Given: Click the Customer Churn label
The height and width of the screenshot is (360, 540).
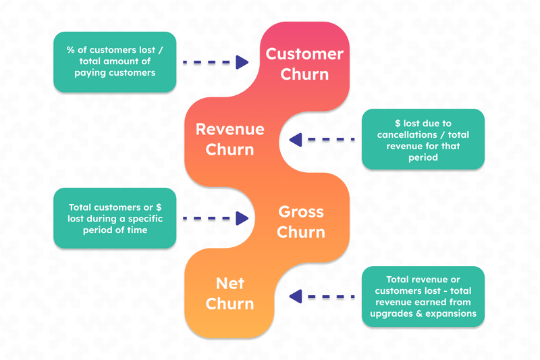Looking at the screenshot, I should click(304, 64).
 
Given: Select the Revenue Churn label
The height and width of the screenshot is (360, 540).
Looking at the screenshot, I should click(230, 139).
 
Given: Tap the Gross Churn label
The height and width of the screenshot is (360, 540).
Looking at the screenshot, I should click(302, 222).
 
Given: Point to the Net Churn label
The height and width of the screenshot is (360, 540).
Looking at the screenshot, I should click(230, 293).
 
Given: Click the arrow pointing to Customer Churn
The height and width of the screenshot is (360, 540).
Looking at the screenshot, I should click(216, 62).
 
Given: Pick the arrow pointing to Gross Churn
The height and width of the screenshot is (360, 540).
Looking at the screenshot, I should click(216, 218).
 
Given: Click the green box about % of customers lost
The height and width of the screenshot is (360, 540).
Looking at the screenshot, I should click(115, 62).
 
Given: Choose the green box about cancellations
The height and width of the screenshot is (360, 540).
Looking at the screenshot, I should click(423, 140).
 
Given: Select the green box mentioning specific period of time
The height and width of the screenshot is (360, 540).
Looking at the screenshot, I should click(115, 219).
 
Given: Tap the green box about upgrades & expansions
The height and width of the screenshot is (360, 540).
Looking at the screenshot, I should click(423, 297).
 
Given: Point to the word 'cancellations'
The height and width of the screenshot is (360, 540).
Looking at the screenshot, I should click(407, 134).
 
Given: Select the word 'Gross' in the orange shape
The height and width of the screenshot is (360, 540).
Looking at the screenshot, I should click(302, 212).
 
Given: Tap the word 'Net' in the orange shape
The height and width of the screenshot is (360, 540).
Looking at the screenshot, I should click(230, 283).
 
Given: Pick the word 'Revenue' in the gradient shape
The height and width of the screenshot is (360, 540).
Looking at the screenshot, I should click(230, 129).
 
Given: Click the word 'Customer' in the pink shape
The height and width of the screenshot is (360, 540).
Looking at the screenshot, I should click(304, 54).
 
